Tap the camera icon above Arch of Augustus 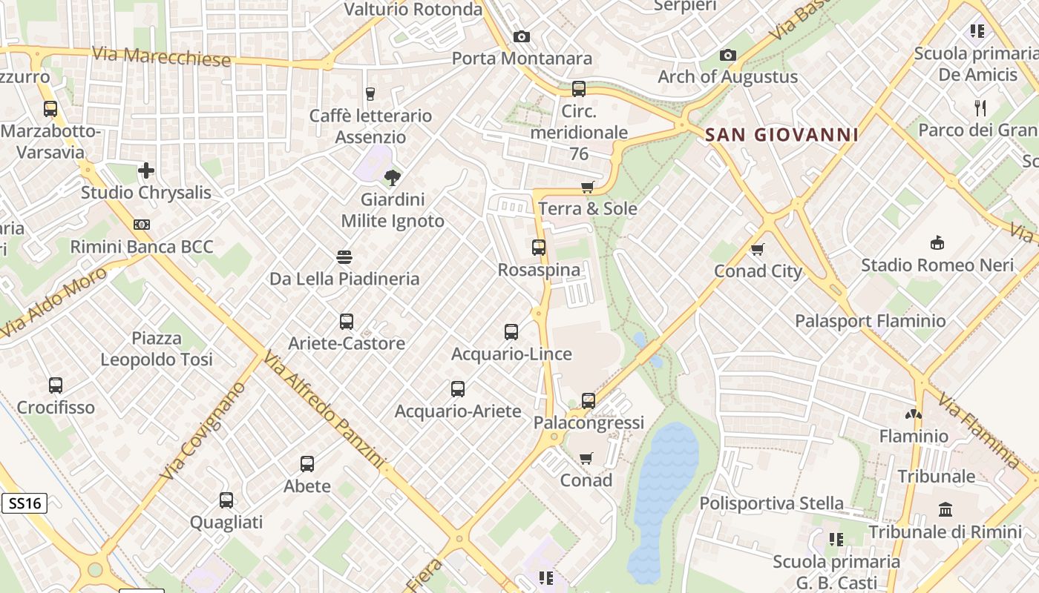tap(728, 56)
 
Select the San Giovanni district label tap(781, 135)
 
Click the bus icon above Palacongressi tap(589, 401)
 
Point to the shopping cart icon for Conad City tap(758, 250)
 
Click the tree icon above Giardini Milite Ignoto tap(393, 178)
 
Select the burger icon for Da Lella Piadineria tap(344, 257)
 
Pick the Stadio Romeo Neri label tap(937, 265)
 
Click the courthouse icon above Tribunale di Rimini tap(945, 510)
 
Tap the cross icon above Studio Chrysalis tap(146, 171)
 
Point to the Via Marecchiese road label tap(161, 56)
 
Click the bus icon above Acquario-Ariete tap(458, 389)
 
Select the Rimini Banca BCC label tap(142, 247)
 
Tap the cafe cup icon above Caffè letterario tap(370, 94)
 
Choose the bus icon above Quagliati tap(226, 500)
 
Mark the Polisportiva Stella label tap(772, 503)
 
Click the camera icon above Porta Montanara tap(522, 36)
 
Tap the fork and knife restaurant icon tap(980, 108)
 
